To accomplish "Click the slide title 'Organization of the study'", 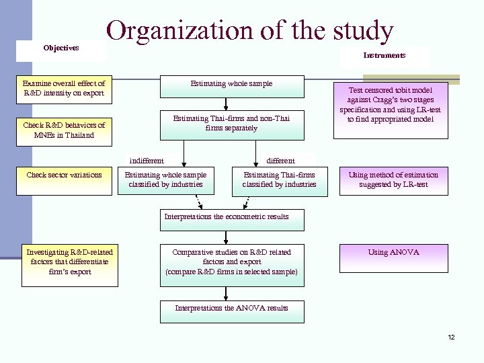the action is (x=249, y=30).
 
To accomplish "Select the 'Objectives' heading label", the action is (x=61, y=48).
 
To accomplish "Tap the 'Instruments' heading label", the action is (x=385, y=55).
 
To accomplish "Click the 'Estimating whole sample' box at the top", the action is (x=231, y=85).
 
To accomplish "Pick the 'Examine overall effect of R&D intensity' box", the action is (x=64, y=88).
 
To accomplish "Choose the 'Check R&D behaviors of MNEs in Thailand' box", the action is (x=64, y=130).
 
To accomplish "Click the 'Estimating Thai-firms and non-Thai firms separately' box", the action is (x=231, y=124).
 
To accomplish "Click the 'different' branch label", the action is (x=280, y=160).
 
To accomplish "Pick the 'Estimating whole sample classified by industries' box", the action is (x=166, y=179).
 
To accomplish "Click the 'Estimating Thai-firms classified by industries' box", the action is (x=279, y=179).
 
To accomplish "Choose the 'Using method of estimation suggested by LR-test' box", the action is (x=393, y=179).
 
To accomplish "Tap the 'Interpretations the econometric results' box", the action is (x=231, y=217).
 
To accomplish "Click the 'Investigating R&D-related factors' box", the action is (x=69, y=262).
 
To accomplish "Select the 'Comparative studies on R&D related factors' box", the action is (x=231, y=262).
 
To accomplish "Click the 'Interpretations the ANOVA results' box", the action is (x=231, y=309).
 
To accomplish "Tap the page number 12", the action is (x=451, y=337).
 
